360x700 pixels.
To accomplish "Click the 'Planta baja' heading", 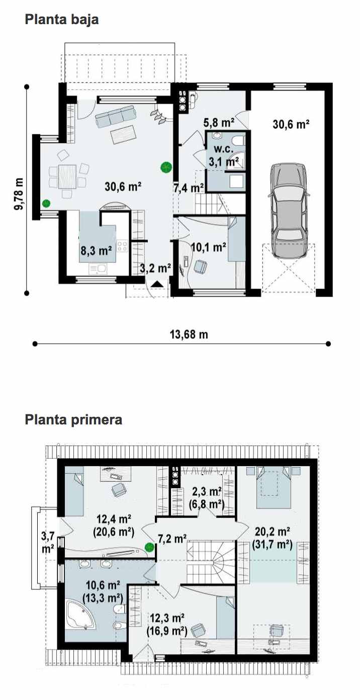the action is pos(61,20).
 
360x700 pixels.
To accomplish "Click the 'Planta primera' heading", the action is pos(73,420).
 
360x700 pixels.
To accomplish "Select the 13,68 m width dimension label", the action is pos(189,334).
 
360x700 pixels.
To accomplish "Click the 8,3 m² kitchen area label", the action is pos(96,250).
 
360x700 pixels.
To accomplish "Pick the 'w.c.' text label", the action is pos(224,149).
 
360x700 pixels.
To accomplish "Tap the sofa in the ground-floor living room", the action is pos(115,116).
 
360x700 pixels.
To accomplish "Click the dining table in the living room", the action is pos(67,177).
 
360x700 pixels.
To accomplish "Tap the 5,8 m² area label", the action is pos(219,123).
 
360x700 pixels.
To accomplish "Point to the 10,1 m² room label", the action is pos(209,247).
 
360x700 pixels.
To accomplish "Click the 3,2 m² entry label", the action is pos(155,268).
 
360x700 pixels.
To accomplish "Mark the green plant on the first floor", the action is pos(150,547).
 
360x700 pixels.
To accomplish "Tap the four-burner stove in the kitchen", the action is pos(122,246).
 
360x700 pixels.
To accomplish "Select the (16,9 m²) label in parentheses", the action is pos(167,631).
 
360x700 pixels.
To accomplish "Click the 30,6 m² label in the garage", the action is pos(291,124).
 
